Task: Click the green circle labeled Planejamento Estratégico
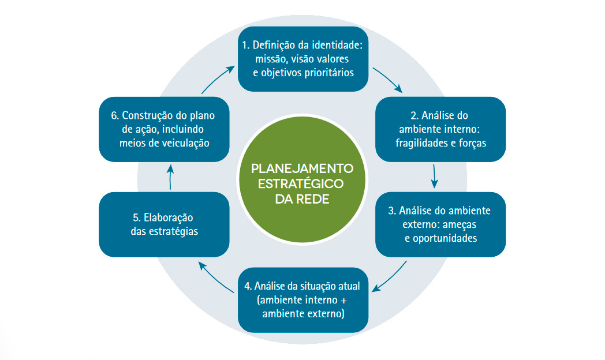coord(302,179)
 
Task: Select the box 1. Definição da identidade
coord(303,59)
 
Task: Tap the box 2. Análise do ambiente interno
coord(440,129)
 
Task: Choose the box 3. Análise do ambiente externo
coord(440,224)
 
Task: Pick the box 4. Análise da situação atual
coord(303,300)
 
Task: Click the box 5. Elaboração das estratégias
coord(164,224)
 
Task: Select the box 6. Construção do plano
coord(164,129)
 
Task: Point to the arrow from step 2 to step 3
coord(434,177)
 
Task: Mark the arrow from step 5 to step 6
coord(170,177)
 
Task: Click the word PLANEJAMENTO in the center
coord(302,168)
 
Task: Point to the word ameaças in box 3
coord(460,224)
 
